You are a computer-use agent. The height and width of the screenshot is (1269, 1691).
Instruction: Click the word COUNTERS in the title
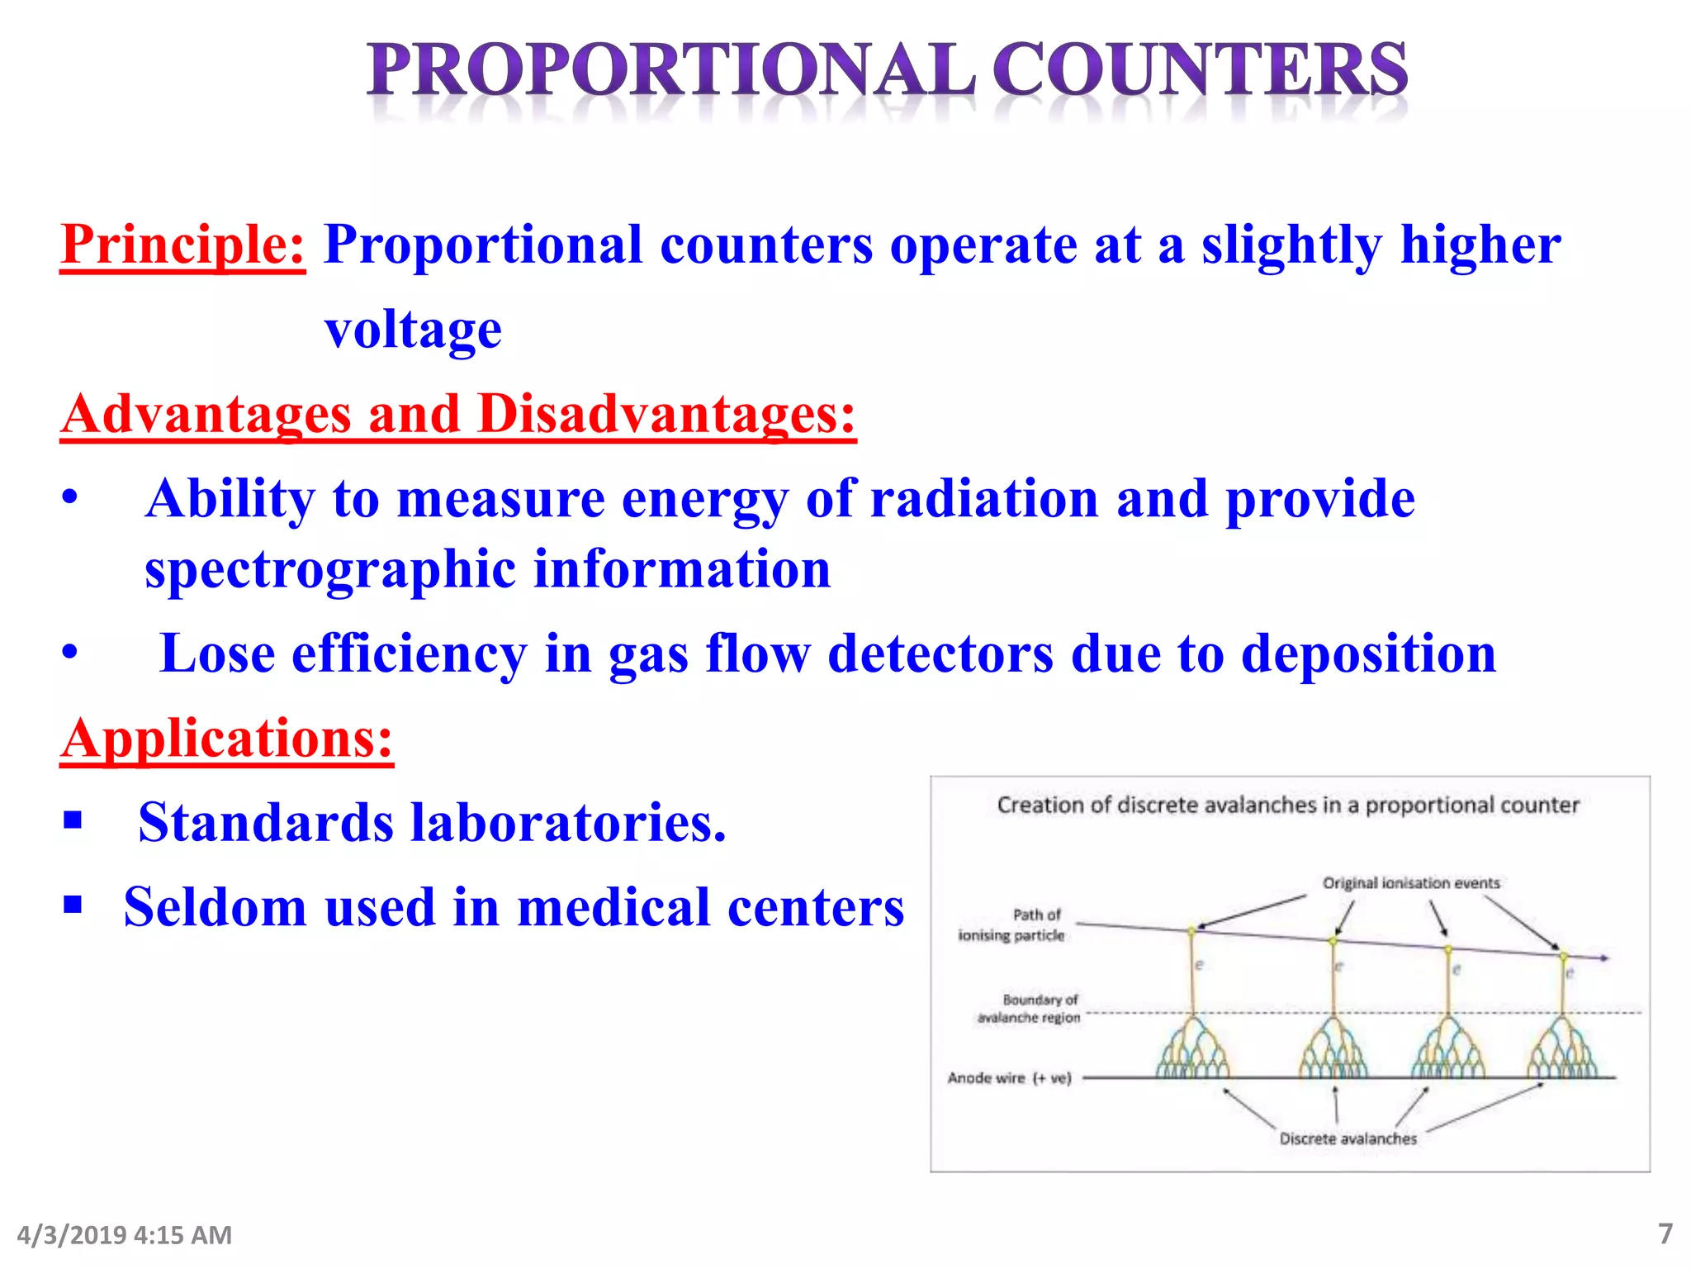[x=1201, y=70]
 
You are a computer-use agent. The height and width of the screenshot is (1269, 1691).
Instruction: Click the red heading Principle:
[x=182, y=245]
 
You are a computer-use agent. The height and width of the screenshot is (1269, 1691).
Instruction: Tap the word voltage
[x=413, y=330]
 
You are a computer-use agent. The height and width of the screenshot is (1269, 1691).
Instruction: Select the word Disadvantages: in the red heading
[x=666, y=414]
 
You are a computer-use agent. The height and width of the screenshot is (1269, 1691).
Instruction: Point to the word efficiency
[x=409, y=654]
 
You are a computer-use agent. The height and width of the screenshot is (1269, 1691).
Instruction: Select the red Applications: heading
[x=227, y=739]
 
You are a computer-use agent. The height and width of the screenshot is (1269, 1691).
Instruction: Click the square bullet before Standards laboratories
[x=73, y=820]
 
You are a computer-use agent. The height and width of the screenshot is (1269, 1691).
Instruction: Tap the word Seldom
[x=215, y=907]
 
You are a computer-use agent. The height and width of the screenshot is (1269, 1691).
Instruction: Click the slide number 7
[x=1665, y=1233]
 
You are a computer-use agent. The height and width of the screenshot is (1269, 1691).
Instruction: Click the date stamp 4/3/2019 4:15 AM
[x=124, y=1235]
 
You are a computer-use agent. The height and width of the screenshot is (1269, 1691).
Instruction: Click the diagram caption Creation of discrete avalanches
[x=1287, y=805]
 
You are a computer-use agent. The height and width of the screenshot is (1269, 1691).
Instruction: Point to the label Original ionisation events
[x=1410, y=883]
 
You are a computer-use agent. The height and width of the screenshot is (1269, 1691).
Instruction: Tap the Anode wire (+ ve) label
[x=1009, y=1078]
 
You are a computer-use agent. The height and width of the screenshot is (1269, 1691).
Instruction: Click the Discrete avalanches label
[x=1348, y=1138]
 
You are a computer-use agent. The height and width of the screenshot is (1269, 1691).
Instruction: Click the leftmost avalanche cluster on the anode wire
[x=1192, y=1051]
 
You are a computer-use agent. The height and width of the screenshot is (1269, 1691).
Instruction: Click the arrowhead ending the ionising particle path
[x=1604, y=958]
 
